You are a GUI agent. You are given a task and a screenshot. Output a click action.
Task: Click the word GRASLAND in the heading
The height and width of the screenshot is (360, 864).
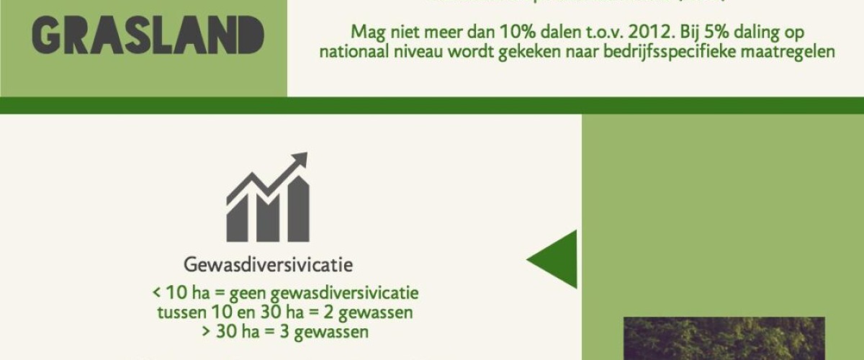[x=148, y=35]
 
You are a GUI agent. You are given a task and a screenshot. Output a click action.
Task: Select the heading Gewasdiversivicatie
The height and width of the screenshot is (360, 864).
[x=269, y=265]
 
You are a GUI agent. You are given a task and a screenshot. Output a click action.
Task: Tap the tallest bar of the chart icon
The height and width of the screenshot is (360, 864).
[x=299, y=209]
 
